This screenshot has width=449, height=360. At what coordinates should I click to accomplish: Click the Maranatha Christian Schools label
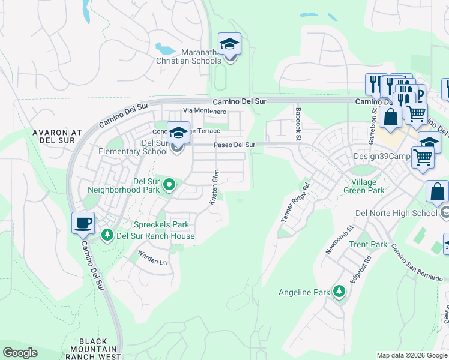pos(188,56)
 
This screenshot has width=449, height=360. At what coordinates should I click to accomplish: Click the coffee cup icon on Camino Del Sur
pos(83,224)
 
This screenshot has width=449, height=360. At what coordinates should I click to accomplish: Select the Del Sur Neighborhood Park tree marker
pos(169,184)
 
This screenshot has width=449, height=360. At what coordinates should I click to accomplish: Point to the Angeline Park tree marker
pos(340,292)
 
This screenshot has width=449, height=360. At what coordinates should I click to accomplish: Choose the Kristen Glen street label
pos(214,188)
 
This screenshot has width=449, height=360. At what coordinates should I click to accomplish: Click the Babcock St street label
pos(298,124)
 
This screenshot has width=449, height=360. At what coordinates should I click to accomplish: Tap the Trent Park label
pos(368,244)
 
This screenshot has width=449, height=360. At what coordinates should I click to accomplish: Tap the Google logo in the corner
pos(20,353)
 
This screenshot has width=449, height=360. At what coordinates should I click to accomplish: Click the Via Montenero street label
pos(205,111)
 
